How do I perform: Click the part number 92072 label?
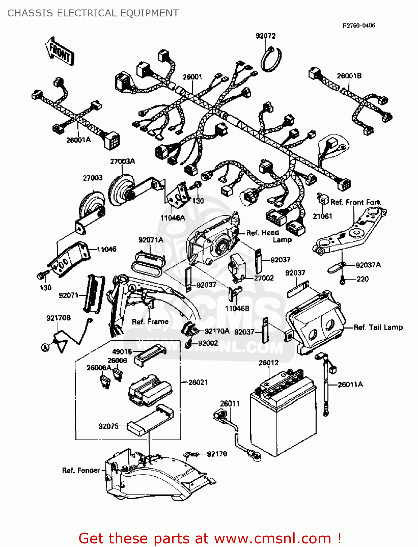point(266,36)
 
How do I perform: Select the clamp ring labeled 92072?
point(271,59)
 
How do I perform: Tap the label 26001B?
point(349,76)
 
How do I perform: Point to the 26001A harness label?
point(78,140)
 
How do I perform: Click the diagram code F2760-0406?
point(359,25)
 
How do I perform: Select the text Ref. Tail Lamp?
point(378,327)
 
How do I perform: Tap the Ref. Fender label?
point(81,470)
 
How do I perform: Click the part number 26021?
point(198,382)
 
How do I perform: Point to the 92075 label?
point(108,426)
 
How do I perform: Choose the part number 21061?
point(322,216)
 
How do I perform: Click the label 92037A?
point(368,265)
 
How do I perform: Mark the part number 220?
point(363,279)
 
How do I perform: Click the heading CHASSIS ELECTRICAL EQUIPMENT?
point(93,13)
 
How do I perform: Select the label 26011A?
point(350,384)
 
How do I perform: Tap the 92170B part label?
point(58,318)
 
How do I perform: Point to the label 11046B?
point(237,309)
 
